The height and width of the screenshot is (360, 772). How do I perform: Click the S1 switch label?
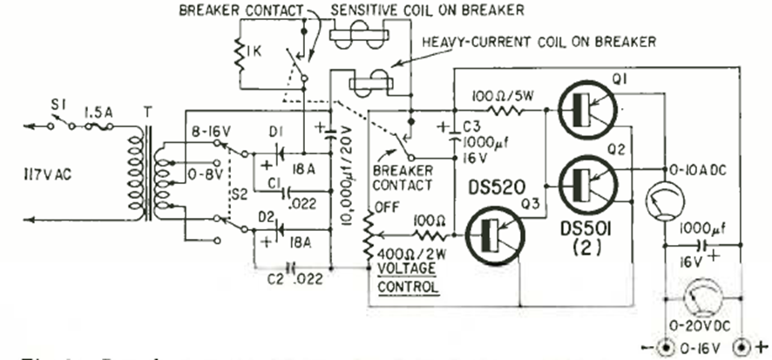point(56,107)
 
